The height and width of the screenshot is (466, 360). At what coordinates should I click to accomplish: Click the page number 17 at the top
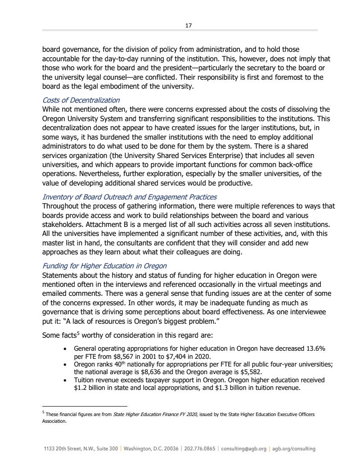tap(189, 25)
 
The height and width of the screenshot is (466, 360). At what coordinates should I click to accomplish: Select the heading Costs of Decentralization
tap(81, 100)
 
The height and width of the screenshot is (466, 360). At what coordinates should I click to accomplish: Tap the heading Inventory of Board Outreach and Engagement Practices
tap(130, 197)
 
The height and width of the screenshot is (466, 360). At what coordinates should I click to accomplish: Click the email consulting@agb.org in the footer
tap(244, 449)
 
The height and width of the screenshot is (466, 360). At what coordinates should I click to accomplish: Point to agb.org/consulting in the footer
tap(294, 449)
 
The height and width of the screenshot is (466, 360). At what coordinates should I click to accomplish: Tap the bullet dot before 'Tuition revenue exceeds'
tap(67, 380)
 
